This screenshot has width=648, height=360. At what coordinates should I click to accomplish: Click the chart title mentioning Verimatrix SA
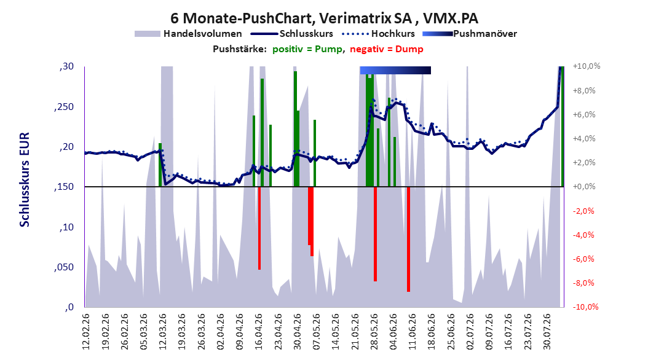(325, 18)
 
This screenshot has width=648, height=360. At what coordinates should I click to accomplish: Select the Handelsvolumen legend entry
(188, 34)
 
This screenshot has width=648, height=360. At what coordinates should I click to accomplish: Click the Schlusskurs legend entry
(292, 34)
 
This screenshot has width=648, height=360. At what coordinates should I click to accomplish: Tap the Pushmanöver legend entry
(470, 34)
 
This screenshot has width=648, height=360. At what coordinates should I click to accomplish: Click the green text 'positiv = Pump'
(307, 49)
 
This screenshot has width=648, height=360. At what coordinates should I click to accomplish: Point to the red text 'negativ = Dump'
(387, 49)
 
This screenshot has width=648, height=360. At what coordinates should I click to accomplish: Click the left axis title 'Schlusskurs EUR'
(25, 179)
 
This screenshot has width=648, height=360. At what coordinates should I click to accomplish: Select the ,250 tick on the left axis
(64, 106)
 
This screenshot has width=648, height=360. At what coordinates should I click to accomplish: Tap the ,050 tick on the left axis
(64, 267)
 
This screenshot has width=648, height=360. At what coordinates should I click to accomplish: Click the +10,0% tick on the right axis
(586, 66)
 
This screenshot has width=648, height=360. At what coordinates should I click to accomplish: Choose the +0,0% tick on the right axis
(584, 187)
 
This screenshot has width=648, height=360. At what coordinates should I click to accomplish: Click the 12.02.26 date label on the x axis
(86, 332)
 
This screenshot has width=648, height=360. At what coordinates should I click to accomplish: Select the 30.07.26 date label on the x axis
(547, 332)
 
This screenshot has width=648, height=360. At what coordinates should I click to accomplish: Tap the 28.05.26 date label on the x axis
(374, 332)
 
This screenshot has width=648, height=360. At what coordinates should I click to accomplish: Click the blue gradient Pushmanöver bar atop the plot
(395, 70)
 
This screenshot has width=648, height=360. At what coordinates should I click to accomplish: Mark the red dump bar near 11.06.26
(408, 240)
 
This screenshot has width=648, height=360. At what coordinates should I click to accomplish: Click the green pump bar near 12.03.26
(160, 165)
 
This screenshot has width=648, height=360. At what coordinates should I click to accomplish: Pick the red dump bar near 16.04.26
(259, 229)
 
